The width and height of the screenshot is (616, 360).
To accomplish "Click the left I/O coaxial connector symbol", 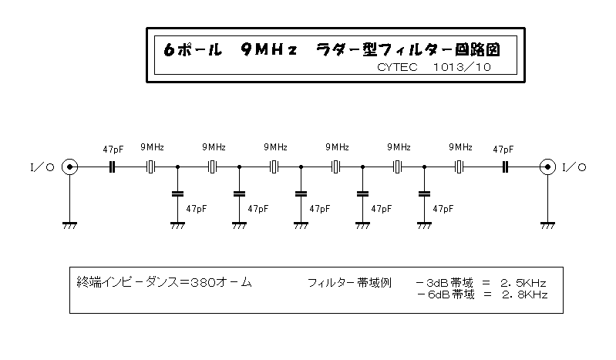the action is (70, 167).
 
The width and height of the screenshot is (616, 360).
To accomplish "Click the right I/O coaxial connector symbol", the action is (547, 167).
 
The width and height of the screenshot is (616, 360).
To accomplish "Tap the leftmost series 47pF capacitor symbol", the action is (112, 167).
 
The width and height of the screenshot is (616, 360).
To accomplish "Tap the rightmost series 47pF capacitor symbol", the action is (506, 167).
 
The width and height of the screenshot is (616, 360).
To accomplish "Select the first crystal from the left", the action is (151, 167).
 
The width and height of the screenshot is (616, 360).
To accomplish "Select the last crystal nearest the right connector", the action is (459, 167).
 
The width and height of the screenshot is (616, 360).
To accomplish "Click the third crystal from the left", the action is (274, 167).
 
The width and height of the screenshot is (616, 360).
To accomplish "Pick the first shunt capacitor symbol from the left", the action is (177, 193).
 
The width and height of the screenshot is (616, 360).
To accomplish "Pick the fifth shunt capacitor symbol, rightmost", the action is (424, 193).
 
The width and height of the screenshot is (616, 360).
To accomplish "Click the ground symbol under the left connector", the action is (70, 226).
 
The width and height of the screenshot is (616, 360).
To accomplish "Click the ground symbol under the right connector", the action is (547, 226).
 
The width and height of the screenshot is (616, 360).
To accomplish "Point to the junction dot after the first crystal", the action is (177, 167).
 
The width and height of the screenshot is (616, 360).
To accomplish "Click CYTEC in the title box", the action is (397, 67).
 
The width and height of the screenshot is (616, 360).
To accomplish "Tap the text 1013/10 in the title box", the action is (462, 67).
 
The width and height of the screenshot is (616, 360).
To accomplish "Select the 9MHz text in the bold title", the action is (269, 50).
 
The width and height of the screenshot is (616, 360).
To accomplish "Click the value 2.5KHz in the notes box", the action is (523, 283).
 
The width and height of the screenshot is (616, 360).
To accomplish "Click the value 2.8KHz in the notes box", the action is (524, 294).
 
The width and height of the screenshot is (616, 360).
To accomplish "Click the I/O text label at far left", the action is (42, 167).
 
